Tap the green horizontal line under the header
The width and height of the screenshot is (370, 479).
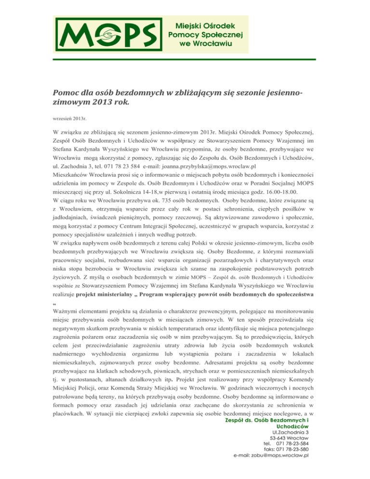point(185,59)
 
